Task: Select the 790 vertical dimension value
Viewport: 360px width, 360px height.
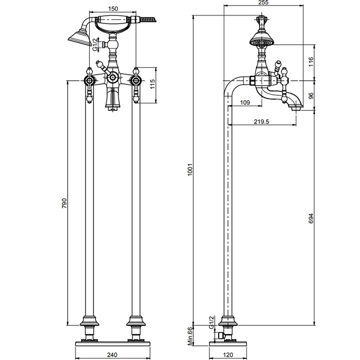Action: (x=64, y=204)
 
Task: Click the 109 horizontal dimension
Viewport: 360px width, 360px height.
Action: (x=244, y=102)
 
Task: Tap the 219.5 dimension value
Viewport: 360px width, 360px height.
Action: (x=261, y=121)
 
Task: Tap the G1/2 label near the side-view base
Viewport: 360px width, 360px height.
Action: (x=211, y=322)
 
